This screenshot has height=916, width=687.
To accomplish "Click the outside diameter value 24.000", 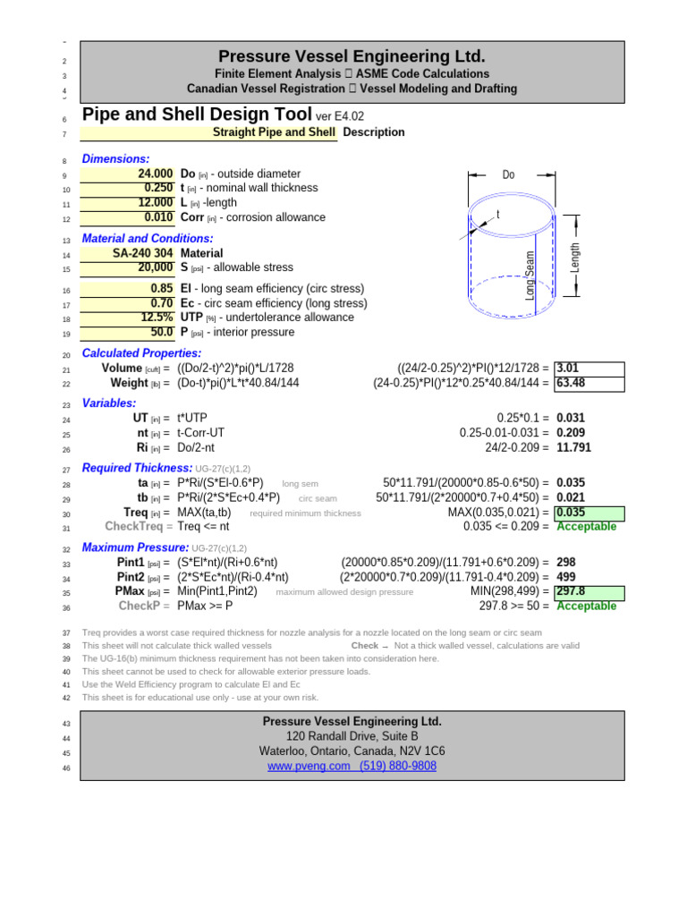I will tap(155, 174).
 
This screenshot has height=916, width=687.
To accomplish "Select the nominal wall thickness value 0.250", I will tap(158, 188).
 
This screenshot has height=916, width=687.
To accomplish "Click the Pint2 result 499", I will tap(566, 577).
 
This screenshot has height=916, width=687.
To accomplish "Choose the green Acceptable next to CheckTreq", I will tap(586, 527).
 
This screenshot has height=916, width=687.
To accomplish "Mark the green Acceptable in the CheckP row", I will tap(586, 606).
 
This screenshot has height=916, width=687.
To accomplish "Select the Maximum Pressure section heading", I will tap(137, 547).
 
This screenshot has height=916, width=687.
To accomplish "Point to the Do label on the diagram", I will tap(508, 175).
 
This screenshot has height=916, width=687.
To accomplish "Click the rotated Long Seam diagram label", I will tap(530, 275).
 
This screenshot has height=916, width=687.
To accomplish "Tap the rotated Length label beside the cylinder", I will tap(575, 258).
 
